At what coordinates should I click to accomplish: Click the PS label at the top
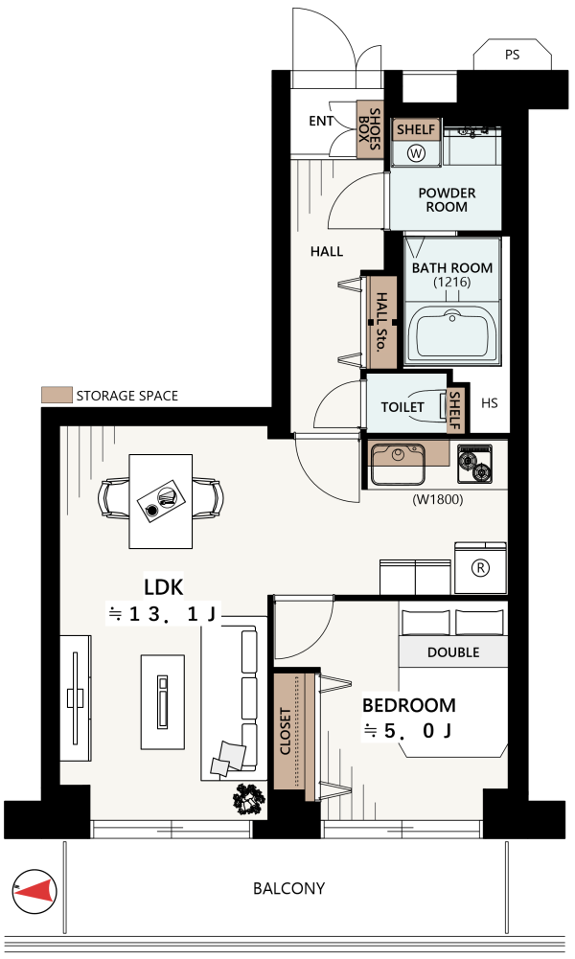[512, 55]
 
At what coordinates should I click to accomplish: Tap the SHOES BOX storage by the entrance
[370, 129]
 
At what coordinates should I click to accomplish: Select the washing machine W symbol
[416, 152]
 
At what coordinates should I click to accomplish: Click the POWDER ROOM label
[447, 200]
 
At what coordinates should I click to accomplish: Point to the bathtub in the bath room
[452, 333]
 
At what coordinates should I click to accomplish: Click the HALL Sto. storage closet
[381, 322]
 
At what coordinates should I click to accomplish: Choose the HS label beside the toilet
[490, 403]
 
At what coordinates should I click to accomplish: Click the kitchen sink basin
[399, 463]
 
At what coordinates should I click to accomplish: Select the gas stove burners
[474, 465]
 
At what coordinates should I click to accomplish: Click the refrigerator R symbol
[481, 568]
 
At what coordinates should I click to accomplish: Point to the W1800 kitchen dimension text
[437, 499]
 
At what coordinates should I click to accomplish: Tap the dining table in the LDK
[161, 501]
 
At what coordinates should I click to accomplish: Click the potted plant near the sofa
[249, 799]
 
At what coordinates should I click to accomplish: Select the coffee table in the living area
[163, 702]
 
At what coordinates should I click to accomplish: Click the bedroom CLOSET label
[285, 731]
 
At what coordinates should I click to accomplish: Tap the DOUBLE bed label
[453, 652]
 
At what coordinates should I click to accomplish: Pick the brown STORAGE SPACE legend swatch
[57, 395]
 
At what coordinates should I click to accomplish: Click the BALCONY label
[288, 888]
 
